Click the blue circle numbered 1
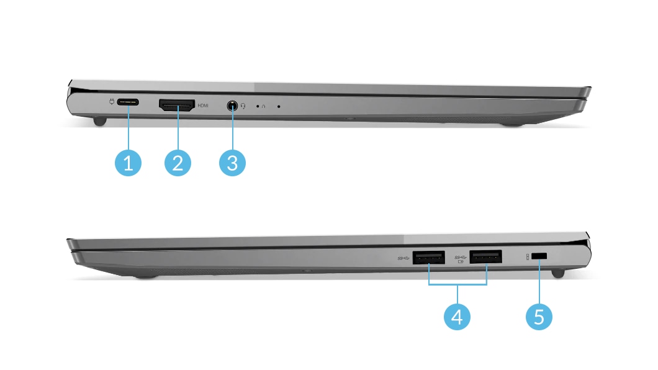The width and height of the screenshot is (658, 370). [x=128, y=163]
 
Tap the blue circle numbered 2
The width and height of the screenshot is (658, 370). [x=178, y=163]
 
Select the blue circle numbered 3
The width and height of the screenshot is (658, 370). [x=232, y=163]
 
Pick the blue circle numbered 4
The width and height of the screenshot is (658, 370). [x=457, y=317]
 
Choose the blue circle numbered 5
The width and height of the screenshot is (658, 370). [x=539, y=317]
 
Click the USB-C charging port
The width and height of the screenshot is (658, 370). [x=128, y=102]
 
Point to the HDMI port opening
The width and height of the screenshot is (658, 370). [x=177, y=105]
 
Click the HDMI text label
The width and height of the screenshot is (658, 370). [x=203, y=106]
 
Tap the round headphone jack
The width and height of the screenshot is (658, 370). [x=232, y=106]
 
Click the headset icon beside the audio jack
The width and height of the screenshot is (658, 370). [x=243, y=106]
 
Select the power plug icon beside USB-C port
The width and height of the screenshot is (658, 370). [x=111, y=102]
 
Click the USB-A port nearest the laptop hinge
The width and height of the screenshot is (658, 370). [x=486, y=257]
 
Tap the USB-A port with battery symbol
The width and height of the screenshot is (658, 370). [x=486, y=257]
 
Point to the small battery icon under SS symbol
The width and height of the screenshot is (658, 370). [x=461, y=261]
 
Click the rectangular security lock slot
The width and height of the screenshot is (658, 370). [x=539, y=256]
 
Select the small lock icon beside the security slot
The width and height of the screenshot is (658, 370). [x=528, y=256]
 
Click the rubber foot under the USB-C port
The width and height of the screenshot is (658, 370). [x=100, y=122]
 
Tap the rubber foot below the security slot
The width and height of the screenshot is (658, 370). [x=557, y=273]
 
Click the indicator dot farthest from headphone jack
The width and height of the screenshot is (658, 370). [x=279, y=107]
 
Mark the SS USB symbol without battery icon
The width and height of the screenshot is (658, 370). [x=403, y=258]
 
